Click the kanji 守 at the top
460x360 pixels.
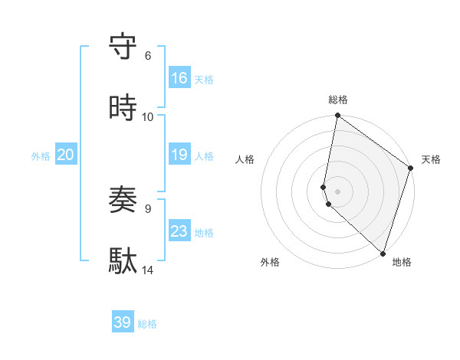pyautogui.click(x=123, y=46)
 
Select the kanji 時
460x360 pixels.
pyautogui.click(x=123, y=108)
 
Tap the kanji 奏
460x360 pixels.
pyautogui.click(x=123, y=201)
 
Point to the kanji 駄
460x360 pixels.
pyautogui.click(x=123, y=262)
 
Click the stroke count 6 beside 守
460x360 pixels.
pyautogui.click(x=148, y=56)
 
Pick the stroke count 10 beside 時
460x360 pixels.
pyautogui.click(x=148, y=117)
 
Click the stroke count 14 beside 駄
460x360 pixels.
pyautogui.click(x=148, y=271)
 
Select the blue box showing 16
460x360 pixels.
pyautogui.click(x=179, y=78)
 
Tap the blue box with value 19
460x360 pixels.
pyautogui.click(x=179, y=155)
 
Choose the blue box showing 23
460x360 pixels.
pyautogui.click(x=179, y=231)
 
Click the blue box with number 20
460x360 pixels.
pyautogui.click(x=65, y=155)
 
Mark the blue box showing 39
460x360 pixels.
pyautogui.click(x=123, y=322)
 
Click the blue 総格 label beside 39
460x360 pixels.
pyautogui.click(x=147, y=324)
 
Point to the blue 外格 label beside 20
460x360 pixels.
pyautogui.click(x=41, y=156)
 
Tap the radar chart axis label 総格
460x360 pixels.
pyautogui.click(x=338, y=100)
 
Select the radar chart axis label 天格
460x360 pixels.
pyautogui.click(x=431, y=159)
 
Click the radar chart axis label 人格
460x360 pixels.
pyautogui.click(x=245, y=159)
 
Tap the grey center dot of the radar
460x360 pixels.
pyautogui.click(x=338, y=191)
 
